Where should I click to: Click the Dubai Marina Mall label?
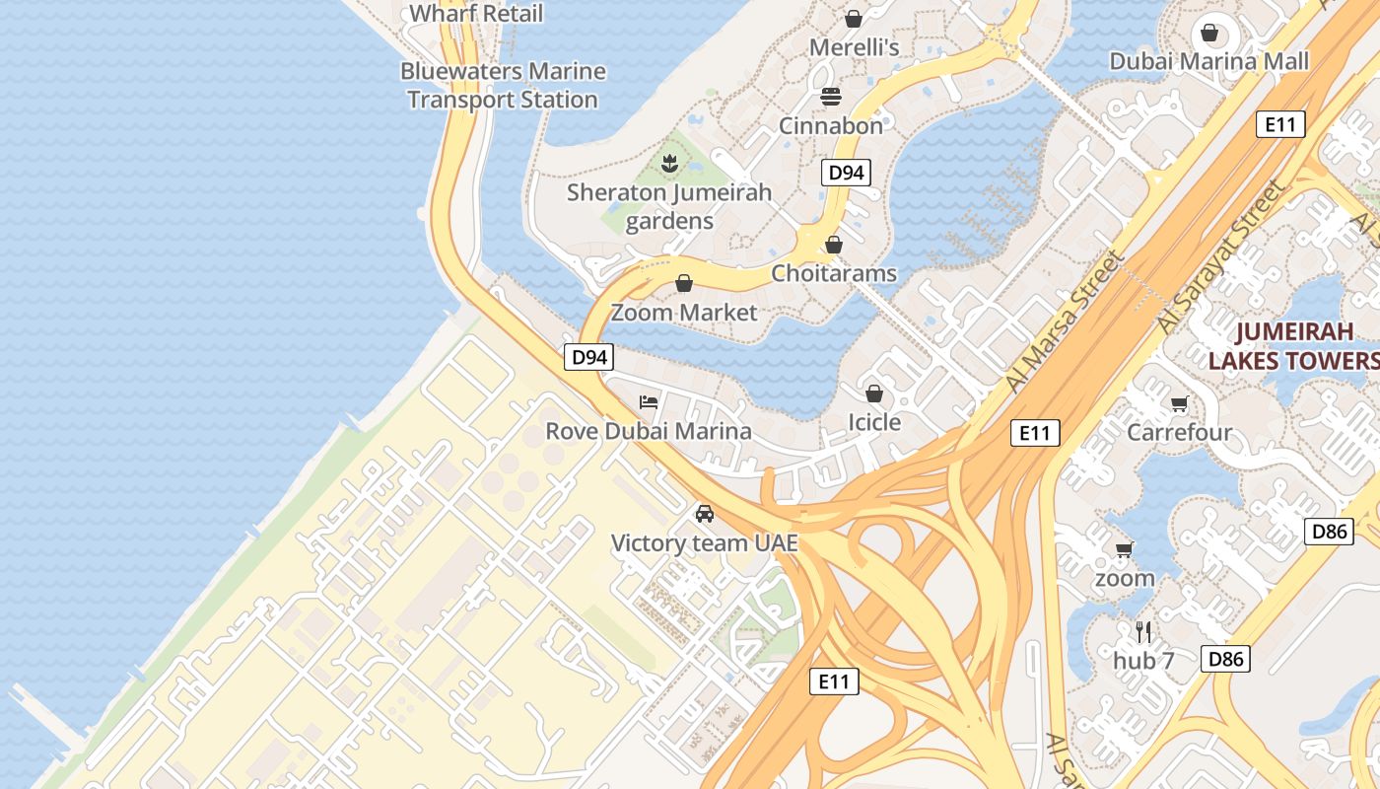(x=1209, y=61)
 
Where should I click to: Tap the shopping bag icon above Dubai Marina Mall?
(x=1209, y=34)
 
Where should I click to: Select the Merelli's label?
(x=855, y=47)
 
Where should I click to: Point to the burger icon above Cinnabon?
(x=831, y=97)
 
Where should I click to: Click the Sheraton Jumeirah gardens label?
(x=669, y=206)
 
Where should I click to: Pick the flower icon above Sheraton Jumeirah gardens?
(x=669, y=163)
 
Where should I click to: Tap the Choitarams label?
(x=834, y=273)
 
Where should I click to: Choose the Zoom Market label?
(x=684, y=313)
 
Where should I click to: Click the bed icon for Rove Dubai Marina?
(x=649, y=401)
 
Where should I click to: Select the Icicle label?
(x=874, y=422)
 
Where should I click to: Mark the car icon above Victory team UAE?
(x=704, y=513)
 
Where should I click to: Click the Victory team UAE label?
(x=704, y=543)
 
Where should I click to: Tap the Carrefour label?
(x=1179, y=432)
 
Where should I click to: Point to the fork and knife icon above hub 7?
(x=1143, y=631)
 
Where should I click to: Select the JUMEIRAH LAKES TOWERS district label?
(x=1293, y=346)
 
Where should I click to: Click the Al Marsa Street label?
(x=1065, y=321)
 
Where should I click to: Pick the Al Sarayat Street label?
(x=1222, y=256)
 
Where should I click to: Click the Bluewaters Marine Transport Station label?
(x=503, y=86)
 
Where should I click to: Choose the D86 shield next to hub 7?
(x=1225, y=659)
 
